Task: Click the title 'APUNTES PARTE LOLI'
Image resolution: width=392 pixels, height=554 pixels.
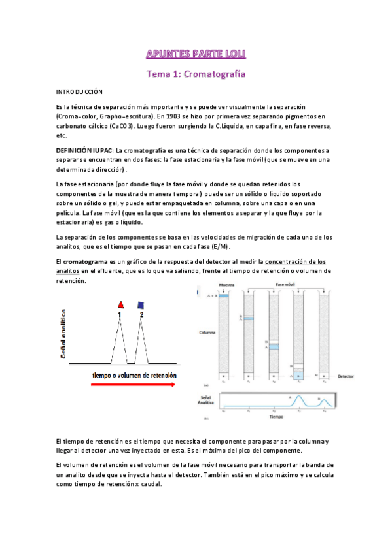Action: pos(196,53)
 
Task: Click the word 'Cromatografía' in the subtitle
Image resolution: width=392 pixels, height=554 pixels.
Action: pos(215,74)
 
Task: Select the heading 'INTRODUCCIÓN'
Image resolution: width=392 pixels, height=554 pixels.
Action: pos(80,93)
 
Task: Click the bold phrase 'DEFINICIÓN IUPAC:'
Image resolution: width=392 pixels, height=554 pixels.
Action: pos(85,150)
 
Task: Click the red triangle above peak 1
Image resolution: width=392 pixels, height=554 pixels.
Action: pos(120,305)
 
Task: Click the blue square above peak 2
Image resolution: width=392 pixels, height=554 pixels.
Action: pos(141,305)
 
